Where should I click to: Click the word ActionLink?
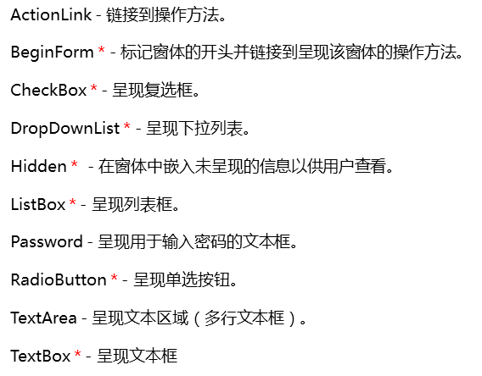pyautogui.click(x=51, y=14)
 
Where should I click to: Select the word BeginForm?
pyautogui.click(x=52, y=53)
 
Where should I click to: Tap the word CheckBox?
pyautogui.click(x=48, y=90)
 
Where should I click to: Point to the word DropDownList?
pyautogui.click(x=65, y=129)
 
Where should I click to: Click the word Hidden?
pyautogui.click(x=39, y=166)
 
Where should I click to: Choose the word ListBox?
pyautogui.click(x=38, y=204)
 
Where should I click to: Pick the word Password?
pyautogui.click(x=47, y=241)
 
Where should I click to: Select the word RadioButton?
pyautogui.click(x=59, y=279)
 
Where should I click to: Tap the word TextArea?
pyautogui.click(x=43, y=318)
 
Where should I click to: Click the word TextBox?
pyautogui.click(x=41, y=356)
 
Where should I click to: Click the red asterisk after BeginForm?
pyautogui.click(x=102, y=49)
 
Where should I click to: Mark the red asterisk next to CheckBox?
pyautogui.click(x=93, y=87)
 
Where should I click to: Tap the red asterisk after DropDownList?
pyautogui.click(x=127, y=125)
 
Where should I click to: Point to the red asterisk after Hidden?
pyautogui.click(x=74, y=163)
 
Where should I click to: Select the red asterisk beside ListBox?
pyautogui.click(x=72, y=202)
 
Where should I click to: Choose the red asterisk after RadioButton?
pyautogui.click(x=114, y=277)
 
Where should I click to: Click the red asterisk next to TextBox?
pyautogui.click(x=78, y=353)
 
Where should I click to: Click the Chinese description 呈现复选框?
pyautogui.click(x=153, y=90)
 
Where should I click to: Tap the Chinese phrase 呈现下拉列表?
pyautogui.click(x=194, y=128)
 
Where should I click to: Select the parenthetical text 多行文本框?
pyautogui.click(x=244, y=318)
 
